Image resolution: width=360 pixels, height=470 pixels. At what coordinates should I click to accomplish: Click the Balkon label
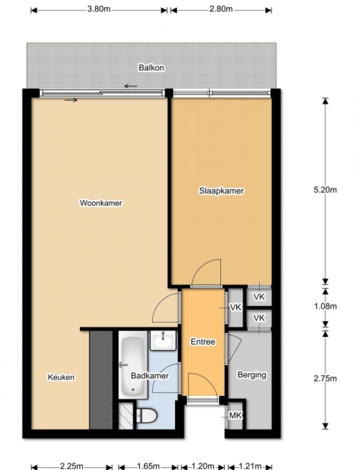pyautogui.click(x=151, y=68)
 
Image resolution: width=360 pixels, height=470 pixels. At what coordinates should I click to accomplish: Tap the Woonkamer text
pyautogui.click(x=101, y=203)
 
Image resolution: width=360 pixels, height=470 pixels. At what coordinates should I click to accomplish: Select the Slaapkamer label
pyautogui.click(x=222, y=191)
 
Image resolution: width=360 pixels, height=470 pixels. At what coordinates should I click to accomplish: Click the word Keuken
pyautogui.click(x=61, y=377)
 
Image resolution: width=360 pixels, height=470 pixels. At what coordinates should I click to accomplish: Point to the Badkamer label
pyautogui.click(x=150, y=376)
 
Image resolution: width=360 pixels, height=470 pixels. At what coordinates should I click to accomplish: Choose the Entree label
pyautogui.click(x=203, y=342)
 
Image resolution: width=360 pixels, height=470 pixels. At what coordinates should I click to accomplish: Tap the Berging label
pyautogui.click(x=252, y=375)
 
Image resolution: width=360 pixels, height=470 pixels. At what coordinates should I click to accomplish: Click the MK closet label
pyautogui.click(x=235, y=415)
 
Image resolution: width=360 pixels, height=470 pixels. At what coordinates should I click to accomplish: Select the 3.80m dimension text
pyautogui.click(x=99, y=9)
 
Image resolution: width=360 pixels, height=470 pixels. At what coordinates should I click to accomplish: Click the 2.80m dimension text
pyautogui.click(x=221, y=9)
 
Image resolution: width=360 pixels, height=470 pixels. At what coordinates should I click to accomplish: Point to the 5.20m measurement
pyautogui.click(x=325, y=190)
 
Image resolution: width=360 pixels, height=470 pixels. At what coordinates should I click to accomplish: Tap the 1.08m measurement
pyautogui.click(x=325, y=306)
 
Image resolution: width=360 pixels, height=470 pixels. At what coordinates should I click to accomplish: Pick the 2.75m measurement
pyautogui.click(x=325, y=379)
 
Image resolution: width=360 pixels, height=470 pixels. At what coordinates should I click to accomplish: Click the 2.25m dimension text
pyautogui.click(x=72, y=466)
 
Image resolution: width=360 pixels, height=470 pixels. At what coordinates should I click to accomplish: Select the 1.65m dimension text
pyautogui.click(x=148, y=466)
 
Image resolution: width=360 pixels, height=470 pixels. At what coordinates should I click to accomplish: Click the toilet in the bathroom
pyautogui.click(x=146, y=415)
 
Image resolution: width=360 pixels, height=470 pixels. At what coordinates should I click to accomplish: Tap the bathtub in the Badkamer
pyautogui.click(x=133, y=365)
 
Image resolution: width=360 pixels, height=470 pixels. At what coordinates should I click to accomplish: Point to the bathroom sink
pyautogui.click(x=163, y=340)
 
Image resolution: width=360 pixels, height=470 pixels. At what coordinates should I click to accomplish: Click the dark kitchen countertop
pyautogui.click(x=101, y=380)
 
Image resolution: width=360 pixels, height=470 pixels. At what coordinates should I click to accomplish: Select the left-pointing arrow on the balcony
pyautogui.click(x=131, y=86)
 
